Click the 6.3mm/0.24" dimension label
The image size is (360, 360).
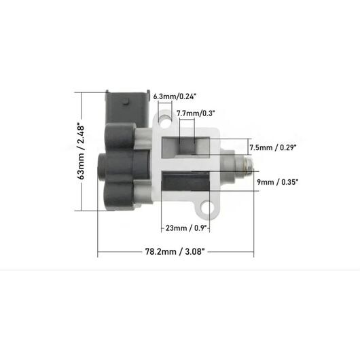(x=175, y=96)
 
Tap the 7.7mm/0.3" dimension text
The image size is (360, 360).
(x=196, y=113)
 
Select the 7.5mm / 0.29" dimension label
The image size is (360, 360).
(x=273, y=147)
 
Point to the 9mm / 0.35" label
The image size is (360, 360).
(x=278, y=182)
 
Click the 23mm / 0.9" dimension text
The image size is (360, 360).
(x=186, y=228)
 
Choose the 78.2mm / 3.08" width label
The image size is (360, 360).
(x=175, y=251)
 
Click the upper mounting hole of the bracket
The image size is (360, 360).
(x=166, y=122)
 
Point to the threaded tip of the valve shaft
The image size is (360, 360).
(x=249, y=164)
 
